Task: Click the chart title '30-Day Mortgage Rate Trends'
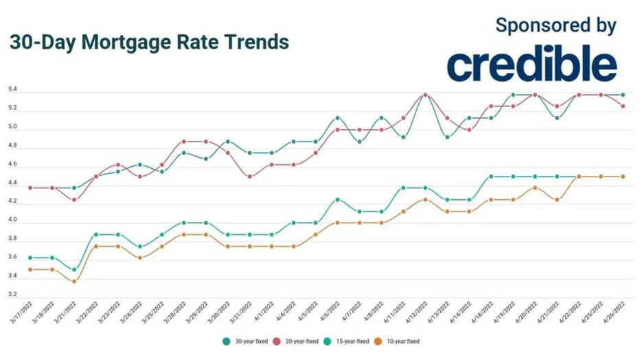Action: (x=149, y=43)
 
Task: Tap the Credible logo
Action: (x=532, y=66)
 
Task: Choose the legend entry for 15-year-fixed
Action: (x=348, y=341)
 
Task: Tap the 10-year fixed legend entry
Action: (x=399, y=341)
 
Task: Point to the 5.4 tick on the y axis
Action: (x=12, y=90)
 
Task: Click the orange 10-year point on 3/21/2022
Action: (x=74, y=282)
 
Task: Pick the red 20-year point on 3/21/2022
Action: (x=74, y=200)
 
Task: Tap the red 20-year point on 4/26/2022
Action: (x=623, y=106)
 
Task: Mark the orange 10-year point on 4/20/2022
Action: (x=535, y=188)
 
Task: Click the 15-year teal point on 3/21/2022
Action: (x=74, y=269)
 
